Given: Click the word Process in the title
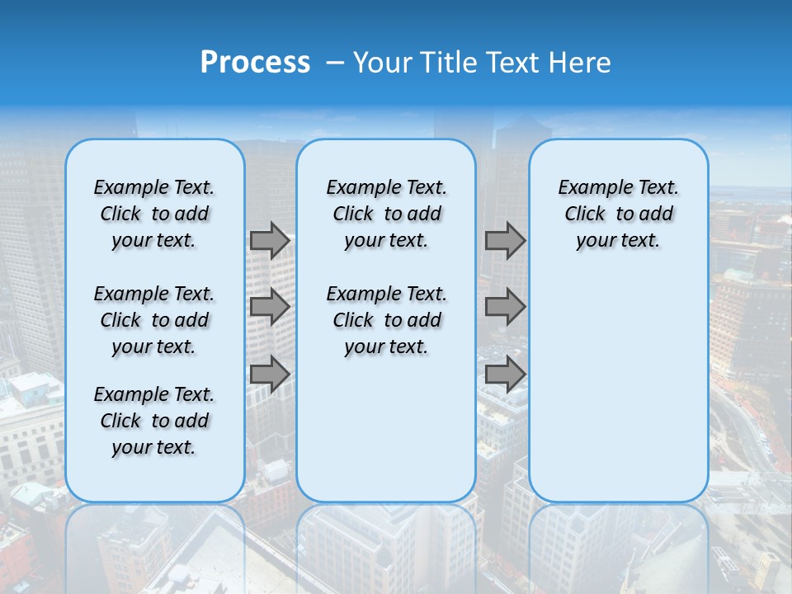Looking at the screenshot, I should tap(255, 63).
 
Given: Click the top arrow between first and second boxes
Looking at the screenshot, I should tap(270, 241).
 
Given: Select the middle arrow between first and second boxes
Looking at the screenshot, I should tap(270, 308).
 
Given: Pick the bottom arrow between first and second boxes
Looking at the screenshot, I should tap(270, 375).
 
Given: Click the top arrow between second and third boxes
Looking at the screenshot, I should tap(505, 241).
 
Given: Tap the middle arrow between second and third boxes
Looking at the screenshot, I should tap(505, 308).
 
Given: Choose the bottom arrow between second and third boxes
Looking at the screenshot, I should tap(505, 375).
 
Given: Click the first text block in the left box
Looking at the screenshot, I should tap(154, 214).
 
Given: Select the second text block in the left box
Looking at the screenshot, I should tap(154, 320).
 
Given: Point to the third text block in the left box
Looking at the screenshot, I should tap(154, 421).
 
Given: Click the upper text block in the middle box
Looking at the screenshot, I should tap(386, 214).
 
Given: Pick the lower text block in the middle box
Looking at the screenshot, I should tap(386, 320).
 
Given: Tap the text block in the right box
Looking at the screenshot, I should tap(618, 214).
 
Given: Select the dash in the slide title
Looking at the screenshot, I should tap(335, 63).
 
